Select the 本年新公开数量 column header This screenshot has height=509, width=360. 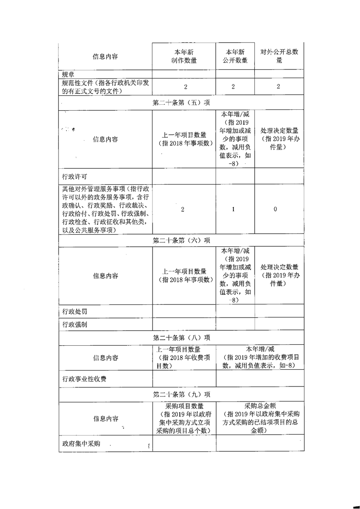(235, 56)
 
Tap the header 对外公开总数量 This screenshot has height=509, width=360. (279, 56)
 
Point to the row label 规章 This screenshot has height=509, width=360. (67, 74)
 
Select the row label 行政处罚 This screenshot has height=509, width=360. (74, 311)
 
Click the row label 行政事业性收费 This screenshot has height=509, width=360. (84, 378)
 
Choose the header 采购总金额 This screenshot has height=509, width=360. (260, 406)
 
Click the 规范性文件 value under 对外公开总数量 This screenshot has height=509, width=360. (278, 87)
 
